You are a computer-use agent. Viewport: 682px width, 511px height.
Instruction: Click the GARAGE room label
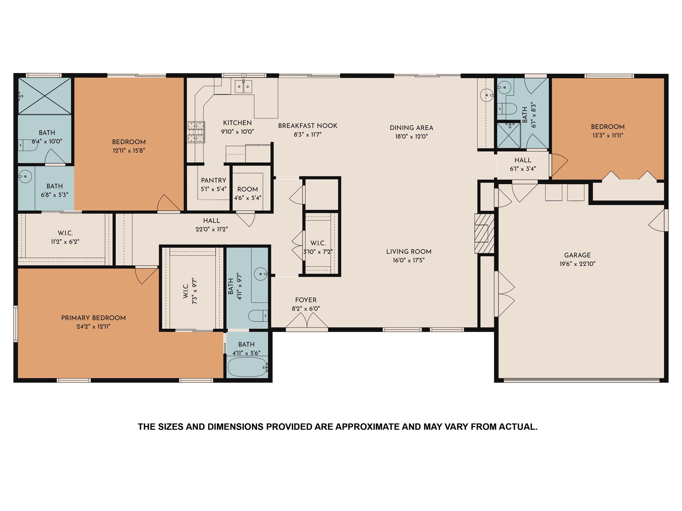coord(577,255)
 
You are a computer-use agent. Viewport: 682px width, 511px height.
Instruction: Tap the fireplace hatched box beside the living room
coord(484,233)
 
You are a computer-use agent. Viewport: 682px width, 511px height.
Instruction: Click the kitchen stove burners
coord(196,132)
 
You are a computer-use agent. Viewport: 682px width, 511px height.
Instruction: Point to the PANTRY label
coord(213,181)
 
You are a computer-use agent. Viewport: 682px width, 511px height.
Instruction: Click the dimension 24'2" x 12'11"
coord(94,327)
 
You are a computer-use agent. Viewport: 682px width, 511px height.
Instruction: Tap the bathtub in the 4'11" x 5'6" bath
coord(247,367)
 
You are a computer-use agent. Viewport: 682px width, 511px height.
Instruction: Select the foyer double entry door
coord(307,322)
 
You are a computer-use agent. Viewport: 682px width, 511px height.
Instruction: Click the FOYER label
coord(306,300)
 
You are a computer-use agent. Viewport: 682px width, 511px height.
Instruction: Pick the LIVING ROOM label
coord(409,252)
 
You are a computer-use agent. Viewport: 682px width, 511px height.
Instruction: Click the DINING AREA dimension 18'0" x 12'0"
coord(411,137)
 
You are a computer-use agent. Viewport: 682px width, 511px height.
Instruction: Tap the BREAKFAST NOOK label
coord(308,126)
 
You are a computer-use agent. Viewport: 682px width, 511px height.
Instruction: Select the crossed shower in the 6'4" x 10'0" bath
coord(44,96)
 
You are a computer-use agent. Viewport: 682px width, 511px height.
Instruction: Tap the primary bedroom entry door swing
coord(145,275)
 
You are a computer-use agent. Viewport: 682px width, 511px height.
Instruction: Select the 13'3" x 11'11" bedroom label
coord(607,127)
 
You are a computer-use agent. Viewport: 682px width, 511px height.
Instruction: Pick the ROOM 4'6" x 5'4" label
coord(247,189)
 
